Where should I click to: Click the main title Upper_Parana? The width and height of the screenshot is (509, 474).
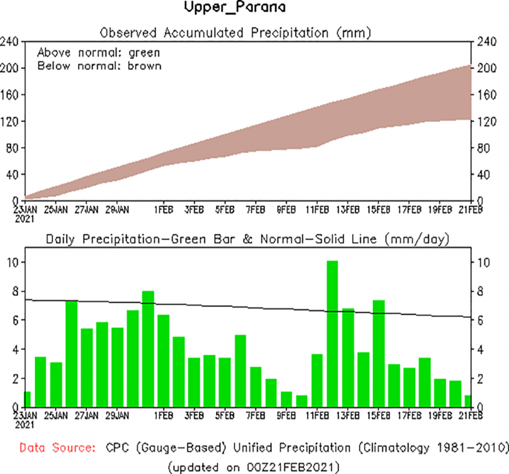[x=235, y=8]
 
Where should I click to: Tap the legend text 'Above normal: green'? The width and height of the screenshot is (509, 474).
[x=99, y=53]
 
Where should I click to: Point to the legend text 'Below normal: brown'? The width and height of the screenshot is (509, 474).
[x=99, y=66]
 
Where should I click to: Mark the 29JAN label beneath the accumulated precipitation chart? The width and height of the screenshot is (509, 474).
[x=117, y=209]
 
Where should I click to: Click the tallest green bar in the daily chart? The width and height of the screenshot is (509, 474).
[x=332, y=333]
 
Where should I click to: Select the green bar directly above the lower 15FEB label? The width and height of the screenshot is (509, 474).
[x=378, y=353]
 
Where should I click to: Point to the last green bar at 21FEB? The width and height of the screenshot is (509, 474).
[x=468, y=401]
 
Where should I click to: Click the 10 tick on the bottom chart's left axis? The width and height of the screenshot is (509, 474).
[x=11, y=262]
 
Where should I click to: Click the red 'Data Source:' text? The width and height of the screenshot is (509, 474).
[x=58, y=448]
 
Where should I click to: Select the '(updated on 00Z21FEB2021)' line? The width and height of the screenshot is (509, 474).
[x=254, y=467]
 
